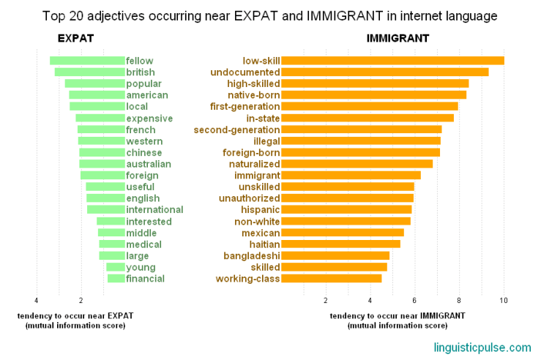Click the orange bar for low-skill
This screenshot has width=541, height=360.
point(392,61)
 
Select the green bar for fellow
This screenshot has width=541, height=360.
point(87,61)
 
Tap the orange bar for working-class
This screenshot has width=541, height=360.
point(332,279)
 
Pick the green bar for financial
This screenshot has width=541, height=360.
point(116,279)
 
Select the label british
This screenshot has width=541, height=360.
point(141,72)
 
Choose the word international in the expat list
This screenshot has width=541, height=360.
point(154,209)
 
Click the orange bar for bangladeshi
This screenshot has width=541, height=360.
point(335,256)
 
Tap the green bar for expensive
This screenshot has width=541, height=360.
point(100,118)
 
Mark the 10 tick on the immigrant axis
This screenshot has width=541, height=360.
point(504,300)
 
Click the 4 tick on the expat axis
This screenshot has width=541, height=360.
point(36,300)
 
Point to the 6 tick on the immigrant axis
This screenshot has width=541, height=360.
point(414,300)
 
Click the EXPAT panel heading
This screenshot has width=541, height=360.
point(75,38)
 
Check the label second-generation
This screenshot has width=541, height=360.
point(236,130)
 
